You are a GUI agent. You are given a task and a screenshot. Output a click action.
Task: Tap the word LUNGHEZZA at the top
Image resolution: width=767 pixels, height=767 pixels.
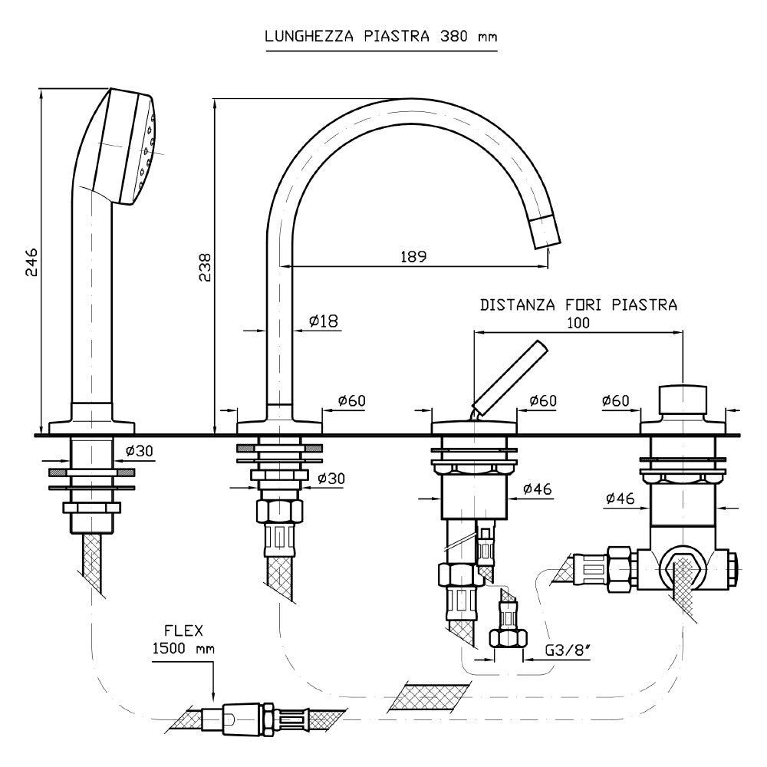tap(309, 36)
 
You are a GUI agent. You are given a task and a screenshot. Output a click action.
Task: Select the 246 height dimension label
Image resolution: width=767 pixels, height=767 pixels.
tap(31, 262)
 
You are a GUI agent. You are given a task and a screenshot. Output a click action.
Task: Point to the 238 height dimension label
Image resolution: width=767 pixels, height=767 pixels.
tap(205, 267)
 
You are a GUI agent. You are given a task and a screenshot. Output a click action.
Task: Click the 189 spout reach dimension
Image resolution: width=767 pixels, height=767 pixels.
tap(414, 256)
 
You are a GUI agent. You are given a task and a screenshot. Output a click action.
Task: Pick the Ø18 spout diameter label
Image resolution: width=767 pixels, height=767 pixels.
tap(324, 321)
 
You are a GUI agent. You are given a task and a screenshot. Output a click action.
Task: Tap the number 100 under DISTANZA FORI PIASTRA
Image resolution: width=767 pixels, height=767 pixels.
tap(578, 323)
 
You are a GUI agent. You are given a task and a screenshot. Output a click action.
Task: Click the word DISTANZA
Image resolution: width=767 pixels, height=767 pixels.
tap(518, 304)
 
